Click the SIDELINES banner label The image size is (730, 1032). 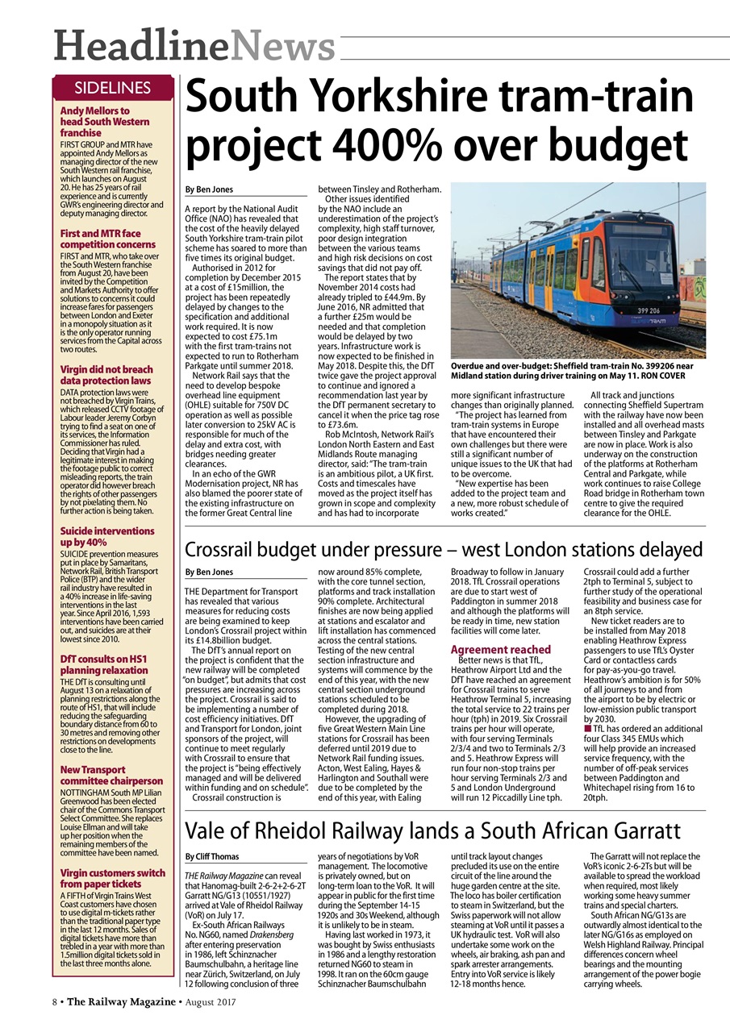[113, 88]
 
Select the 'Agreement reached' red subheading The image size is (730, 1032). [500, 649]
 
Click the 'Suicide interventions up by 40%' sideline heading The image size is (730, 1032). [107, 537]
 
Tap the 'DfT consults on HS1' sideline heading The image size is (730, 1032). [104, 665]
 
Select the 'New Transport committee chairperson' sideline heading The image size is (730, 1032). [111, 782]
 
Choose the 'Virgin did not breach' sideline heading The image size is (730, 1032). [106, 375]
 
